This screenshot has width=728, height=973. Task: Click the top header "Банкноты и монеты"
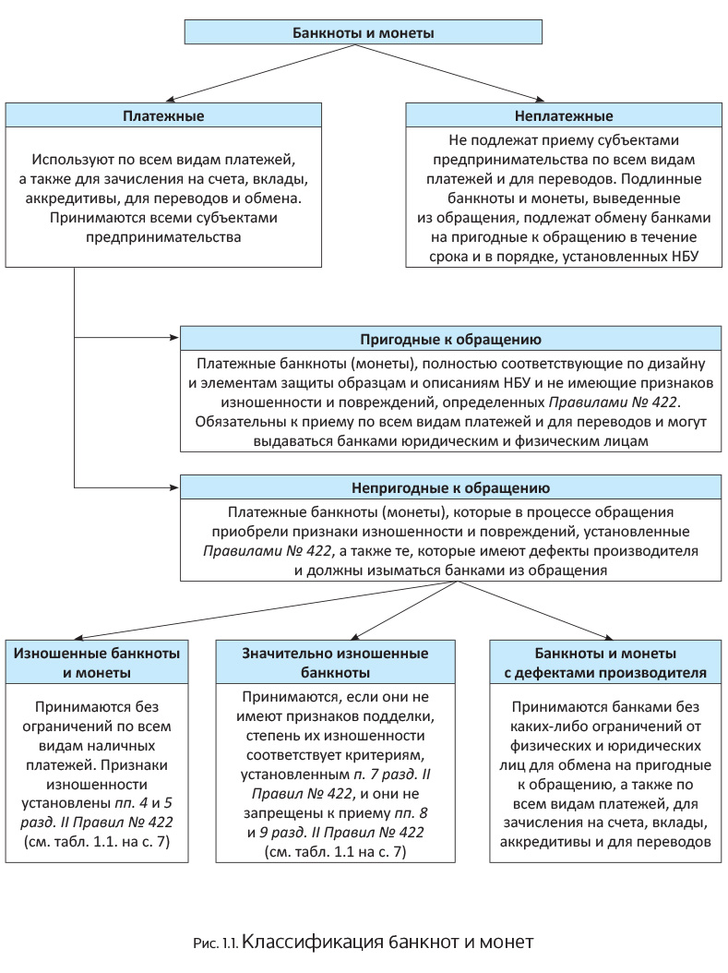[x=364, y=33]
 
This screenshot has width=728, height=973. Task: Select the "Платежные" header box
[x=163, y=116]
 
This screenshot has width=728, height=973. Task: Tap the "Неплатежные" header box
[x=564, y=116]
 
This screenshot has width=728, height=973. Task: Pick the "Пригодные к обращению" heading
[x=450, y=339]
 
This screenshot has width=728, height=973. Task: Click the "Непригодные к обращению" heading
[x=450, y=487]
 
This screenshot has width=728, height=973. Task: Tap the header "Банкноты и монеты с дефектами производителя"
[x=605, y=663]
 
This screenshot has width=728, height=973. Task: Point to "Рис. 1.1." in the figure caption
[x=215, y=943]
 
